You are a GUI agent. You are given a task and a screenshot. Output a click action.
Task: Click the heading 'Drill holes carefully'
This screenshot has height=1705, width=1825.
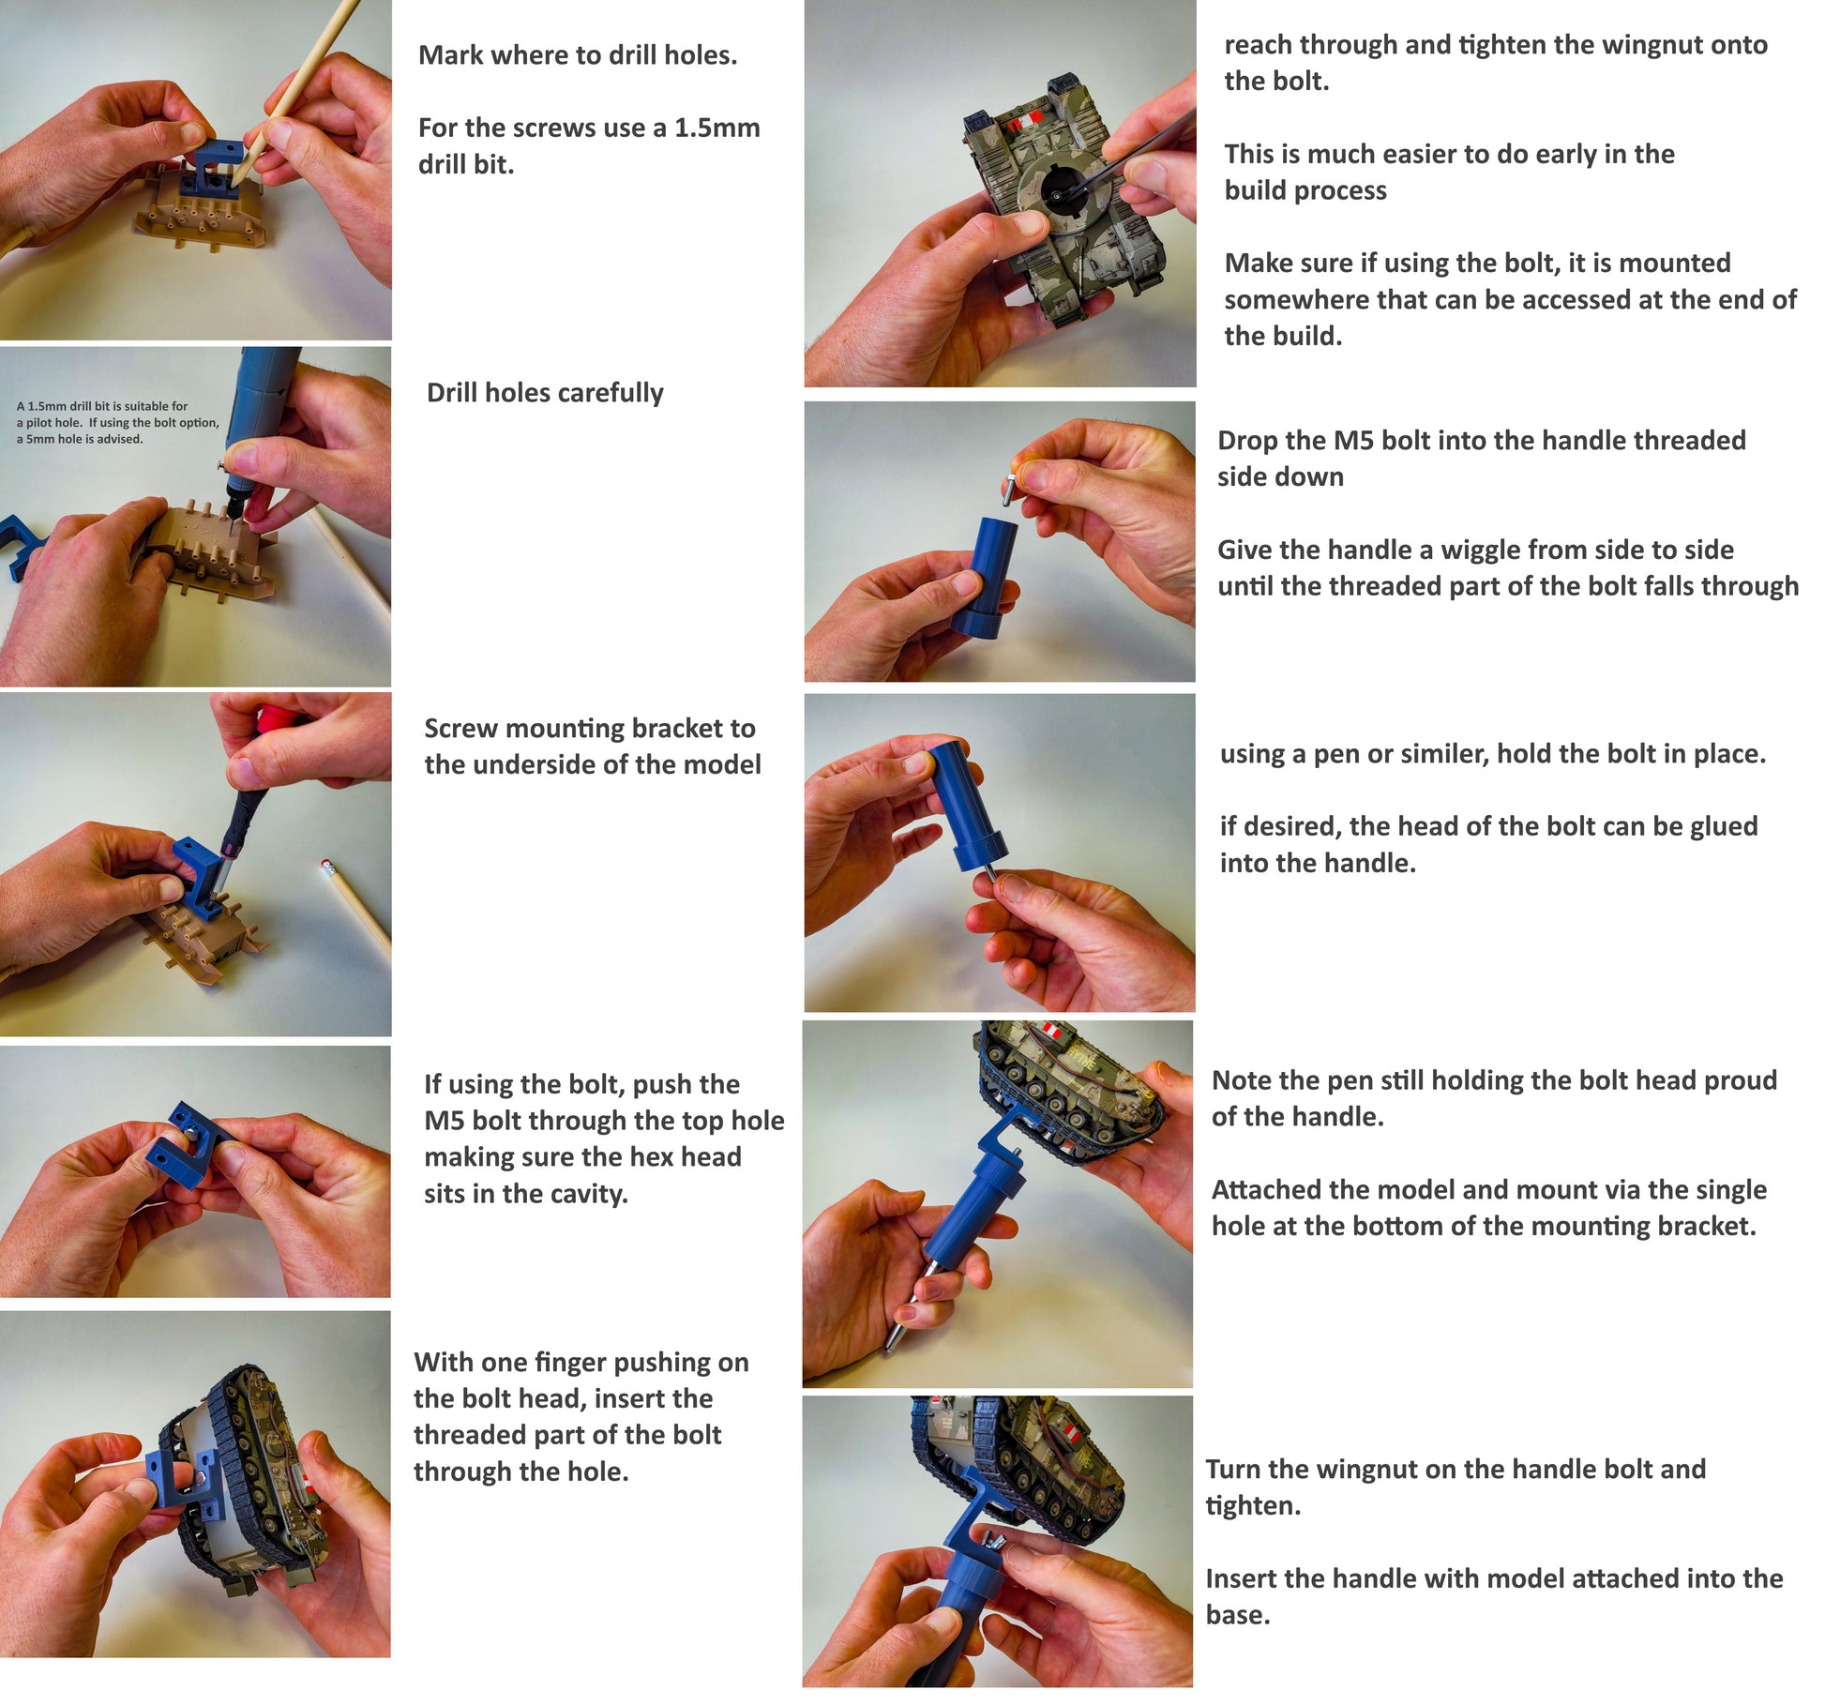pyautogui.click(x=545, y=393)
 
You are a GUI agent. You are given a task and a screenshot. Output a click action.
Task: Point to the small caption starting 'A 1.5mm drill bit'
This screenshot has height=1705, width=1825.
pyautogui.click(x=118, y=422)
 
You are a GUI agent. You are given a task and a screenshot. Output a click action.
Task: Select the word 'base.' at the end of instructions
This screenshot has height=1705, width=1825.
pyautogui.click(x=1238, y=1615)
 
